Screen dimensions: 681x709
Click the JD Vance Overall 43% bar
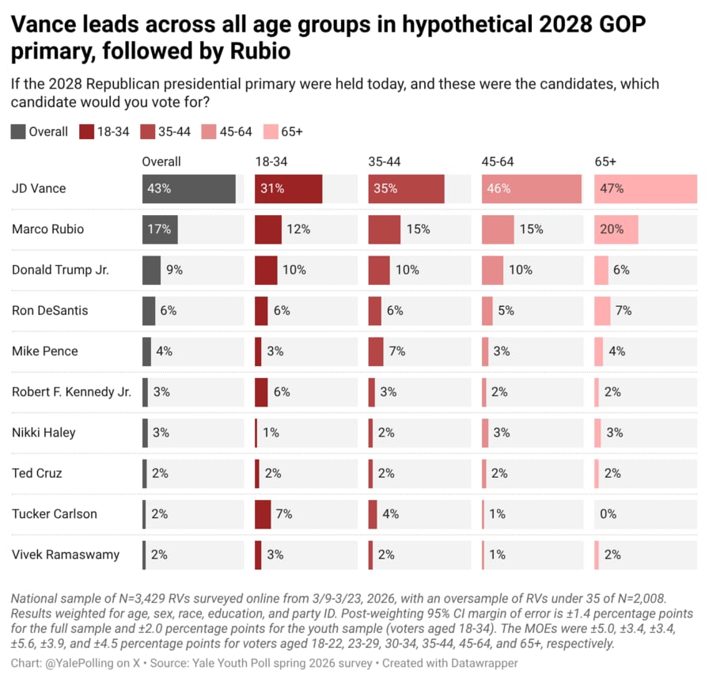[x=188, y=189]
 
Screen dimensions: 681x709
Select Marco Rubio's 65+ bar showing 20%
[x=616, y=229]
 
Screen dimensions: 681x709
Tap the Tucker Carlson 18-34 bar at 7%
[x=263, y=514]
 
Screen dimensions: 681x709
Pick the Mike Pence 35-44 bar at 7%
[x=376, y=351]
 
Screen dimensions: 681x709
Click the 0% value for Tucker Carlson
[x=608, y=514]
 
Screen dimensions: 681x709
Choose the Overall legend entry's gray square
[x=18, y=131]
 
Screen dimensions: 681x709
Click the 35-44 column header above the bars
[x=384, y=161]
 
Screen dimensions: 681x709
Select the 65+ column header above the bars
[x=606, y=161]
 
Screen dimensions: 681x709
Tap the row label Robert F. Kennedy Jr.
[x=71, y=392]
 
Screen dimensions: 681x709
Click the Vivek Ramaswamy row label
[x=66, y=554]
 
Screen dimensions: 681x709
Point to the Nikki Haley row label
[x=44, y=433]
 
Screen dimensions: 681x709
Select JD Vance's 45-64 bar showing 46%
[x=531, y=189]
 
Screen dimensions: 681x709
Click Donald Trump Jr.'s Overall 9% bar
[x=151, y=270]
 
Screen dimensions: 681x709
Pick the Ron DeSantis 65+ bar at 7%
[x=602, y=311]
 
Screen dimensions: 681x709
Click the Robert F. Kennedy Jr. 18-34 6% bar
[x=261, y=392]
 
